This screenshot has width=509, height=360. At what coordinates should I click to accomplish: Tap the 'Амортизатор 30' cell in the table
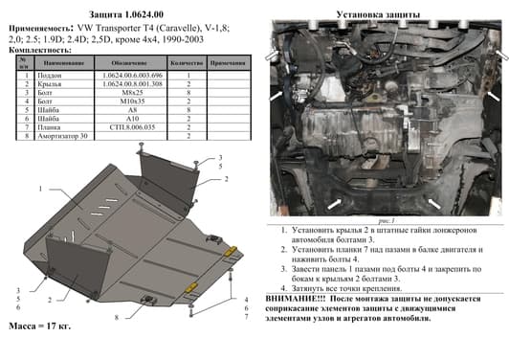(60, 135)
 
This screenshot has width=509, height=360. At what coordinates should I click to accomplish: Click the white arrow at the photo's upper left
(276, 96)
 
